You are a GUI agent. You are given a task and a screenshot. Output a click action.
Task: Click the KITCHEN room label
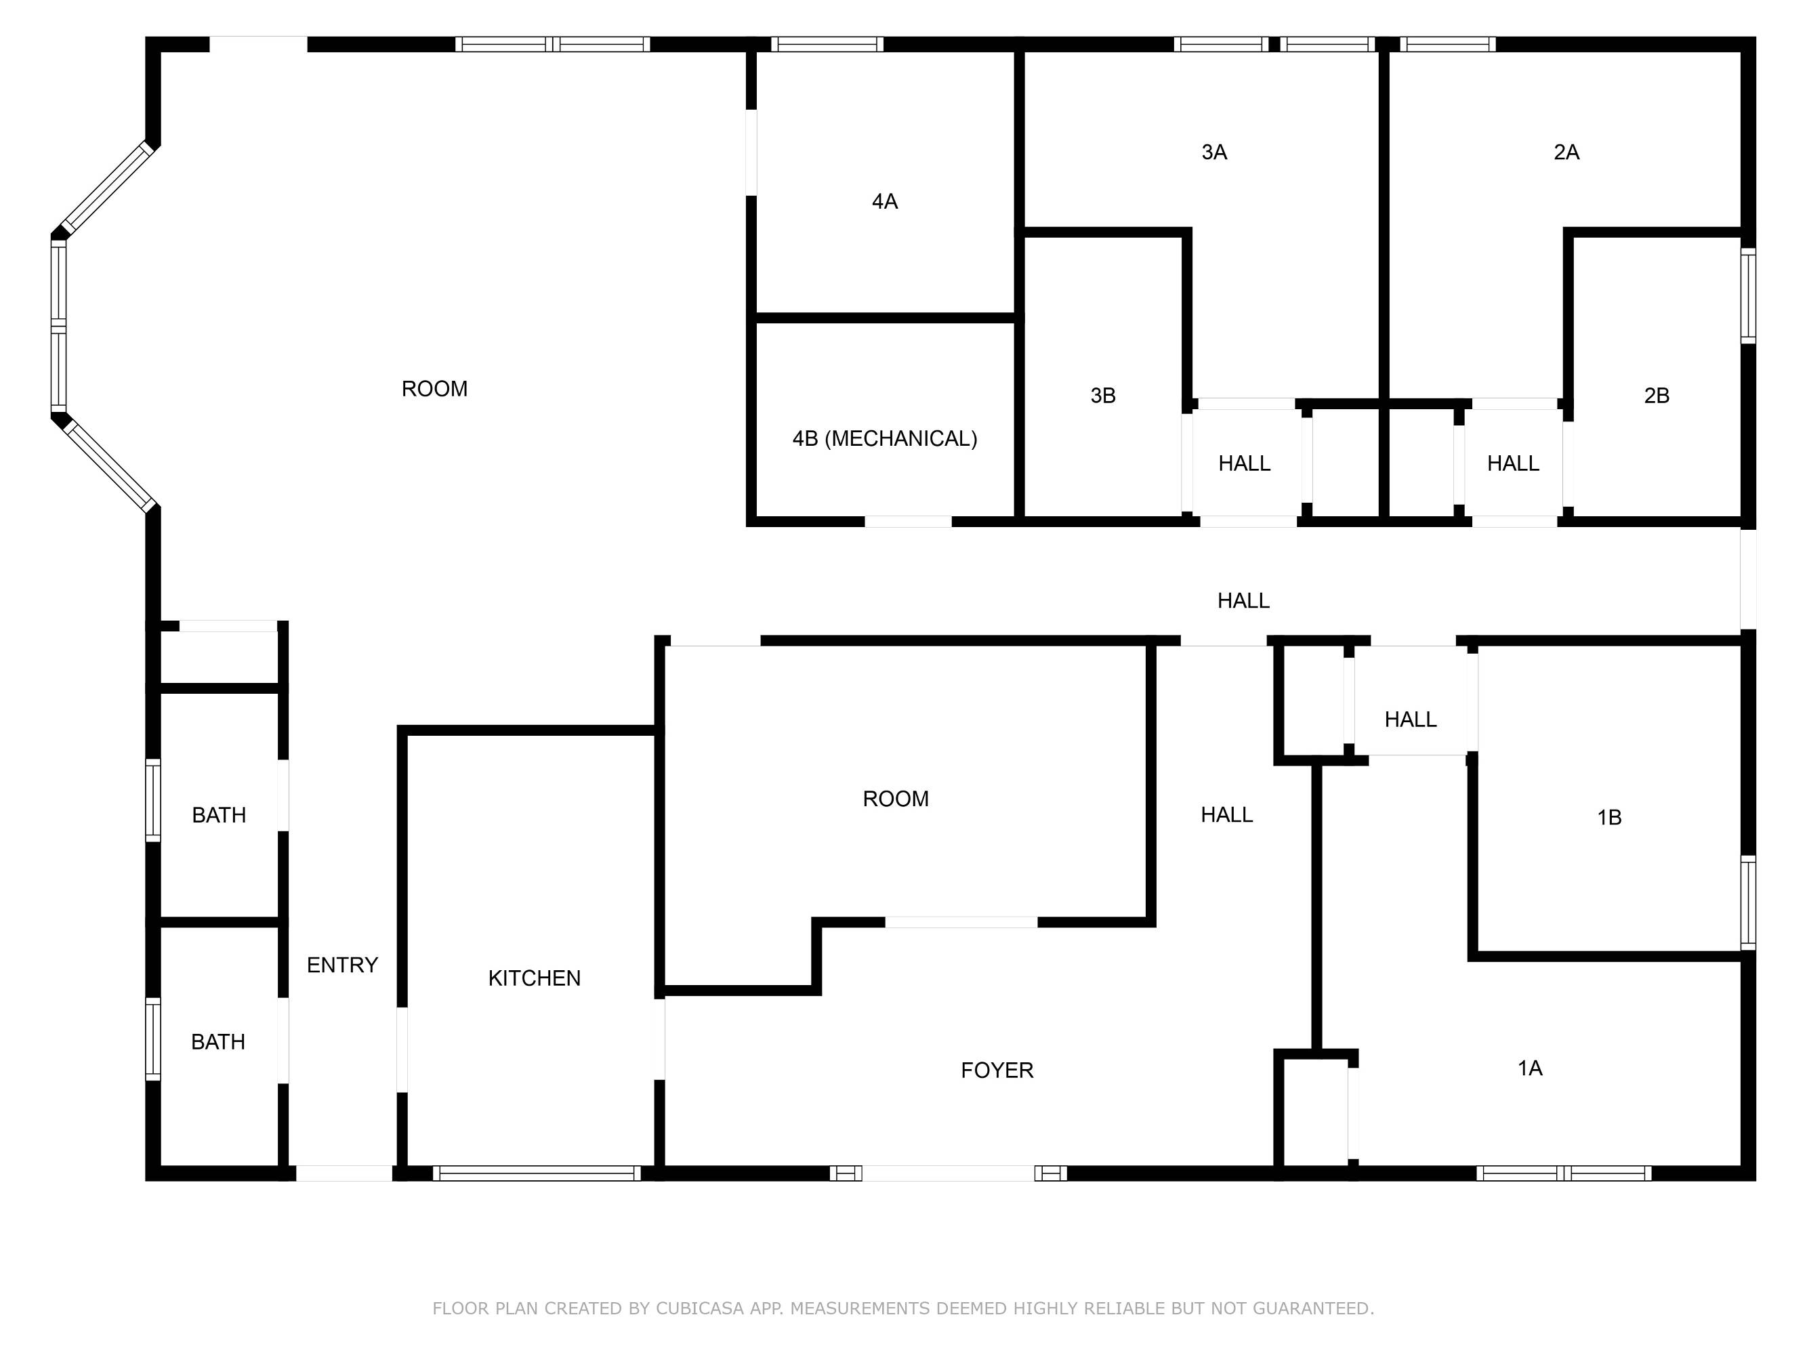tap(535, 978)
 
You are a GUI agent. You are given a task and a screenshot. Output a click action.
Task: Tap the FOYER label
tap(997, 1070)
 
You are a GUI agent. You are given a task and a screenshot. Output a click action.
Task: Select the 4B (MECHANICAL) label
tap(885, 438)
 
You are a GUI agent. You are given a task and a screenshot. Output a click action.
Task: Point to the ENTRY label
tap(342, 965)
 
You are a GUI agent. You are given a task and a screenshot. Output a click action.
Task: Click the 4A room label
tap(885, 201)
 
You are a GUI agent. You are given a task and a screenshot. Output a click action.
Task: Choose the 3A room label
tap(1214, 152)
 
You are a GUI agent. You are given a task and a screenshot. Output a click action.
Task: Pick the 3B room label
tap(1103, 395)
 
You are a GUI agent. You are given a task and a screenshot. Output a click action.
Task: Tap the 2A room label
tap(1566, 152)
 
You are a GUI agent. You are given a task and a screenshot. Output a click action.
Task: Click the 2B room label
tap(1656, 395)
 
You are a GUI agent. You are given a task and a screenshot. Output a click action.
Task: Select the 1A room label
tap(1529, 1068)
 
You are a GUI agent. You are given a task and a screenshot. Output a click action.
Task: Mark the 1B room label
tap(1609, 817)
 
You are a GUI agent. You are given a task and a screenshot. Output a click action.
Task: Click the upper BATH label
tap(219, 814)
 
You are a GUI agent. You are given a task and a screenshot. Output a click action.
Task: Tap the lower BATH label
tap(218, 1041)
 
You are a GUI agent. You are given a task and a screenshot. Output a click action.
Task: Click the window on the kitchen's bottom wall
tap(537, 1173)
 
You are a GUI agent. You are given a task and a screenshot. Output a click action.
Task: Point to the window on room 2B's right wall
tap(1748, 295)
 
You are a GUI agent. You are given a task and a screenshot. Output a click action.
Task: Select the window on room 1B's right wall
tap(1748, 902)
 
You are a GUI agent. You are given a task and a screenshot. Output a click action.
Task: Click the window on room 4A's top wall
tap(827, 44)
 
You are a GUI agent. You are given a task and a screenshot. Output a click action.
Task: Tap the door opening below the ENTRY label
tap(344, 1173)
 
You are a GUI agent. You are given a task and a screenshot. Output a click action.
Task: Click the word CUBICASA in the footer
tap(699, 1308)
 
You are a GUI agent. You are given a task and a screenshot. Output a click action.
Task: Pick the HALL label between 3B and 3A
tap(1244, 463)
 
